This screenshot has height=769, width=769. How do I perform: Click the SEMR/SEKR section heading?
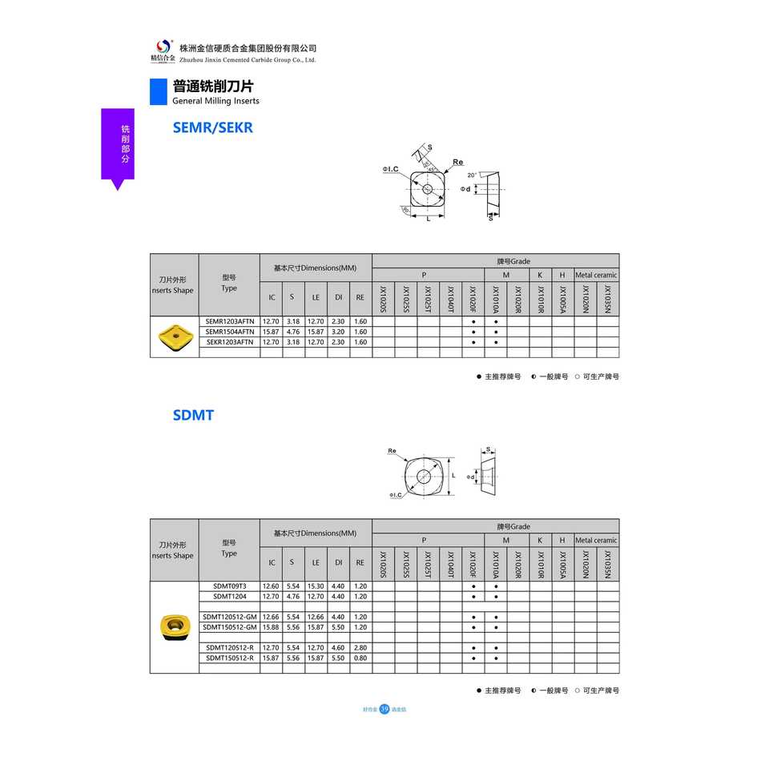[x=212, y=127]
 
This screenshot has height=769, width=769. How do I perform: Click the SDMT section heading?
[x=193, y=415]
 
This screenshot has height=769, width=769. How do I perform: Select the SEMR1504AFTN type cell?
[x=229, y=331]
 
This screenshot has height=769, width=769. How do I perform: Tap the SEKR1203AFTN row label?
[x=229, y=341]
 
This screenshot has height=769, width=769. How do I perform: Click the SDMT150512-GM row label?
[x=229, y=627]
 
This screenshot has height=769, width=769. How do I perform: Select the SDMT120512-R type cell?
[x=229, y=647]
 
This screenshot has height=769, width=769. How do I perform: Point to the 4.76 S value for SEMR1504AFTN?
[x=292, y=331]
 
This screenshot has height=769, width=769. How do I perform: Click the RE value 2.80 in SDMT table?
[x=360, y=647]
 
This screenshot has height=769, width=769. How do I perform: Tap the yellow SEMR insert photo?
[x=175, y=336]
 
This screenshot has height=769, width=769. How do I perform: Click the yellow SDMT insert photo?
[x=174, y=626]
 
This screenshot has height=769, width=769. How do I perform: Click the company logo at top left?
[x=163, y=50]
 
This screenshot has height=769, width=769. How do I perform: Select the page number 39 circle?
[x=384, y=709]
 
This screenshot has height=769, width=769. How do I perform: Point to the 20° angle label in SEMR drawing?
[x=472, y=175]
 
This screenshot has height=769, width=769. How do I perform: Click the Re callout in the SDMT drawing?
[x=392, y=451]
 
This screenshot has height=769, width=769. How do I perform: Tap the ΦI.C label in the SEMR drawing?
[x=391, y=169]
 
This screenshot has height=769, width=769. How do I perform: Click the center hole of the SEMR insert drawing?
[x=427, y=189]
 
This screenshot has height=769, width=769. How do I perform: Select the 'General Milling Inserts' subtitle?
[x=215, y=101]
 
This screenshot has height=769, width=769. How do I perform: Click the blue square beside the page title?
[x=158, y=92]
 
